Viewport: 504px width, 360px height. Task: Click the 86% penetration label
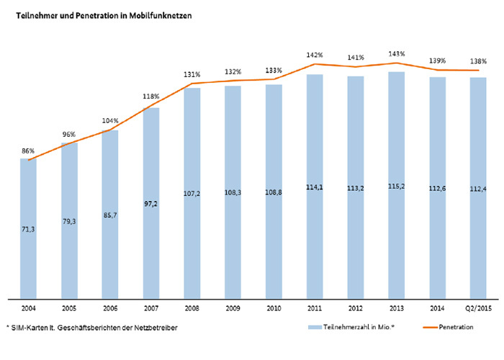click(28, 150)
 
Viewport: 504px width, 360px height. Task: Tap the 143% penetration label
click(397, 53)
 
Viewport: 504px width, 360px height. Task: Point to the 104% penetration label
click(110, 120)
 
